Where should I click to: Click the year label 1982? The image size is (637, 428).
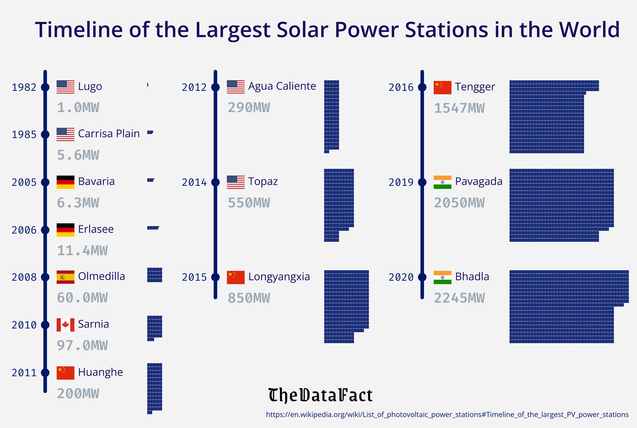(x=24, y=87)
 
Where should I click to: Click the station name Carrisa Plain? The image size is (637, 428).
(x=109, y=134)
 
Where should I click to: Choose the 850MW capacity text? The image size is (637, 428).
(x=249, y=298)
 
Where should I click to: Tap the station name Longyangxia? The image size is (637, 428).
(x=279, y=277)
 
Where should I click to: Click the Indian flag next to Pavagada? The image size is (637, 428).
(x=442, y=182)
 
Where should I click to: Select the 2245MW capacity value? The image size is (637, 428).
(x=459, y=298)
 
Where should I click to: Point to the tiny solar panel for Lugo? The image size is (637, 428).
(x=148, y=85)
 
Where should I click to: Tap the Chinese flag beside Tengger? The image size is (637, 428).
(x=442, y=87)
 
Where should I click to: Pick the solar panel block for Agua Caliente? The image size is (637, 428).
(x=332, y=116)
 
